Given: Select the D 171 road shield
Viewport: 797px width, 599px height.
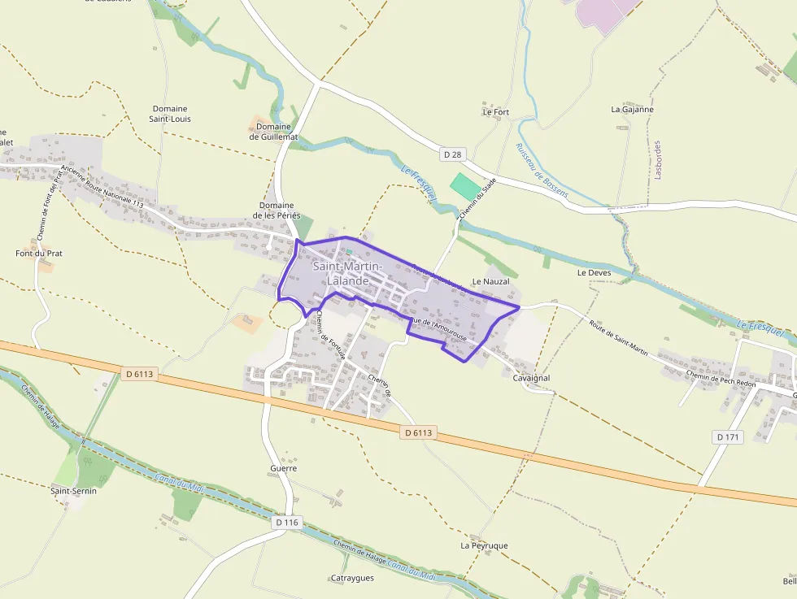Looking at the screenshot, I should tap(728, 436).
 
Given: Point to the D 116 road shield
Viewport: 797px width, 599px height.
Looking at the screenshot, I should tap(287, 523).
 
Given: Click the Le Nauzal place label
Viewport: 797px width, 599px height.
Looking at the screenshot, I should tap(490, 281).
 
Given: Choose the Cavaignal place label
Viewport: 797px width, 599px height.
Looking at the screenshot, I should tap(532, 378).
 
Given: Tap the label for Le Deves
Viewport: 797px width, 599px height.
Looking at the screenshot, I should tap(593, 272).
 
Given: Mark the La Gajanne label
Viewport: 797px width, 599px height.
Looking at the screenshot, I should tap(632, 109).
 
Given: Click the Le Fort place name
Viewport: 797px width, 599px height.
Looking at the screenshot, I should tap(495, 111).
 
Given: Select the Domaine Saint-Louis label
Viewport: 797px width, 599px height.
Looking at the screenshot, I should tap(170, 114).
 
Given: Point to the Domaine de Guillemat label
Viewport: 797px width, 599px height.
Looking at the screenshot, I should tap(273, 132).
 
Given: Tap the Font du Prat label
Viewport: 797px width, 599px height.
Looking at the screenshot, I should tap(38, 254).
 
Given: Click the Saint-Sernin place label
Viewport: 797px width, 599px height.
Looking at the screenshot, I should tap(73, 491).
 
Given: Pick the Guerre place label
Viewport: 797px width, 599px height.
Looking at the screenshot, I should tap(283, 468).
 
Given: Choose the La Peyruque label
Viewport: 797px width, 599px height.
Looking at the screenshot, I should tap(484, 545).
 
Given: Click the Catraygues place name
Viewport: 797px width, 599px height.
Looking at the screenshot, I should tap(352, 578).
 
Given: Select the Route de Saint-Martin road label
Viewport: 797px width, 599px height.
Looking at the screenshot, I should tap(619, 338).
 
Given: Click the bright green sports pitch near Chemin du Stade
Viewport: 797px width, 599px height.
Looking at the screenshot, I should tap(465, 186).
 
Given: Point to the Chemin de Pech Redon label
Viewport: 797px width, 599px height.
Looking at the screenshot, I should tap(721, 378).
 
